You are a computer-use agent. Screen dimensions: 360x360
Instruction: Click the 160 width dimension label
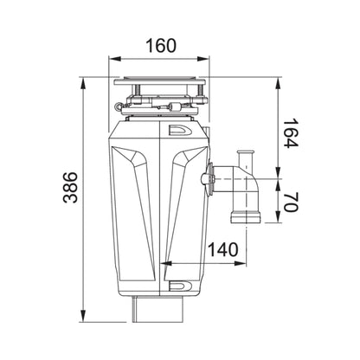[x=161, y=46]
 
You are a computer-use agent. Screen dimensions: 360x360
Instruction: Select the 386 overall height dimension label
[x=70, y=188]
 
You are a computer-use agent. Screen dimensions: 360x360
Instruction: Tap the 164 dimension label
[x=290, y=132]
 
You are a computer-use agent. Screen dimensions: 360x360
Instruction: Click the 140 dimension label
[x=223, y=249]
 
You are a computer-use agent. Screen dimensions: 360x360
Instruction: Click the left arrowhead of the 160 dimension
[x=114, y=59]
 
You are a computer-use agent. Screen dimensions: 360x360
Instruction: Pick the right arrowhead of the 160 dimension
[x=203, y=59]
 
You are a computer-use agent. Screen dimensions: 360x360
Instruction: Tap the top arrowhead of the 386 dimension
[x=83, y=83]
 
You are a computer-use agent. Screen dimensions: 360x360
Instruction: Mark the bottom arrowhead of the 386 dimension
[x=83, y=316]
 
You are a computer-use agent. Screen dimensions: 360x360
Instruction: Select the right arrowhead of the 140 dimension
[x=241, y=263]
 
